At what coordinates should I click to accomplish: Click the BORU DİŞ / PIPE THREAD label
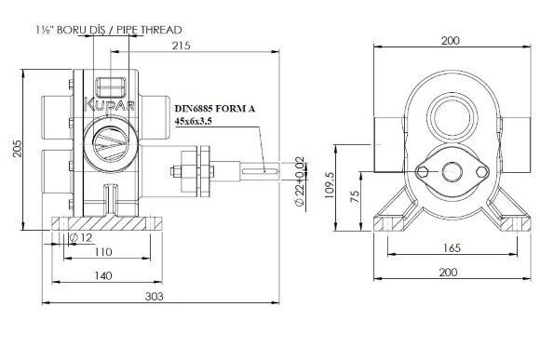click(x=110, y=31)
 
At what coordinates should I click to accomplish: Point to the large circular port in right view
click(x=449, y=118)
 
